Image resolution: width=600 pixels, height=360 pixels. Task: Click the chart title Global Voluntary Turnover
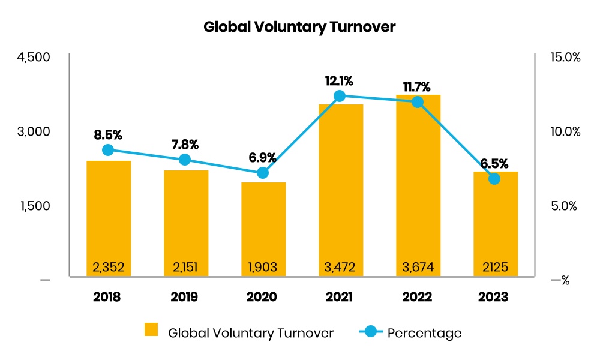pos(299,27)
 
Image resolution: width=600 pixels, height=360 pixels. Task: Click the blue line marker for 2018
pos(108,150)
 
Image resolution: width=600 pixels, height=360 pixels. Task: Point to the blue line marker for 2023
pos(494,178)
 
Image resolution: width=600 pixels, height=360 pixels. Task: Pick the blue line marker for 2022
pos(418,101)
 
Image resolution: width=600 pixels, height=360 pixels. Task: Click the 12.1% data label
pos(340,80)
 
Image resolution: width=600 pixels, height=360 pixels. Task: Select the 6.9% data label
pos(263,158)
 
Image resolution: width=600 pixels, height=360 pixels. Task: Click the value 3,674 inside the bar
pos(418,266)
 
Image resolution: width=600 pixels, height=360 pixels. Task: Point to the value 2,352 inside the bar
pos(109,266)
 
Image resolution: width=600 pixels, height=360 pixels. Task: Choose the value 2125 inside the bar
pos(495,266)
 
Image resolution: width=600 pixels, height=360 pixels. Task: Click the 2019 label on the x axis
pos(185,297)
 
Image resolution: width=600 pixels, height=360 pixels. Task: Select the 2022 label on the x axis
pos(418,297)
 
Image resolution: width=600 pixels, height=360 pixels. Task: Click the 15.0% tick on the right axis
pos(565,58)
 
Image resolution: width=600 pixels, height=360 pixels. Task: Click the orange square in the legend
pos(152,331)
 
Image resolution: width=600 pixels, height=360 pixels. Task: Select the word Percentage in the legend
pos(424,332)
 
